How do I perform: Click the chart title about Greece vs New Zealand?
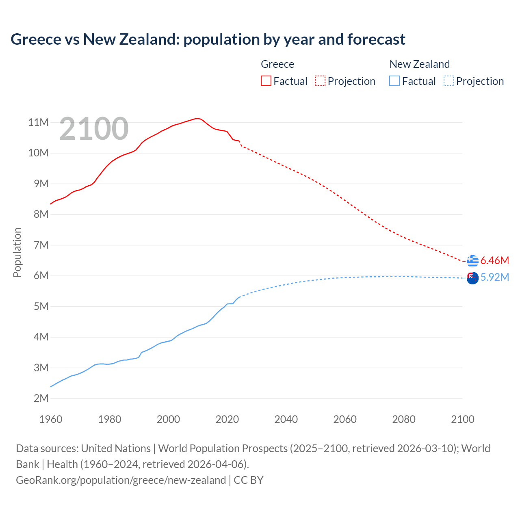point(208,39)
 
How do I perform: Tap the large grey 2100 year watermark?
point(94,129)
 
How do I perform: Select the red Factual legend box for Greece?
point(266,81)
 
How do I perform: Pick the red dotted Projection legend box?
point(320,81)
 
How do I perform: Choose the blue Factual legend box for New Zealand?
point(394,81)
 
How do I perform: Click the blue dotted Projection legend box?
point(448,81)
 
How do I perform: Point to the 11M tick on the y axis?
point(39,122)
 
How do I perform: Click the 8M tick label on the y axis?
point(41,214)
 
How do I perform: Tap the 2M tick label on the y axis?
point(41,398)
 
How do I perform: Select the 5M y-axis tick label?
point(41,306)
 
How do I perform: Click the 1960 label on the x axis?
point(51,419)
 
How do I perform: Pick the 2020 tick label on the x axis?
point(227,419)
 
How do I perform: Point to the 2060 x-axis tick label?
point(345,419)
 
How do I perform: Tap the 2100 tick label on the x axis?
point(463,419)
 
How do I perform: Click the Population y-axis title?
point(17,252)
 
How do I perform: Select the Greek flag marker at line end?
point(472,261)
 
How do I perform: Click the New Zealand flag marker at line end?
point(472,278)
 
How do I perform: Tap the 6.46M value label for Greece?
point(494,260)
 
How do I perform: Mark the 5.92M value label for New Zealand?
point(494,277)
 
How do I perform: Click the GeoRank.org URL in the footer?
point(121,480)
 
